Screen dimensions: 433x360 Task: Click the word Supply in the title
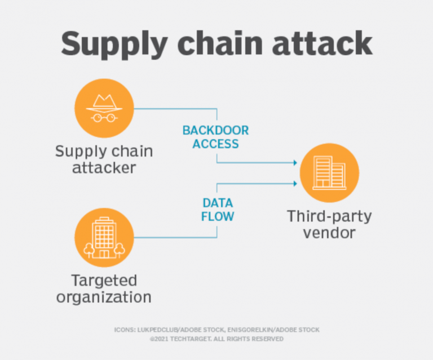114,45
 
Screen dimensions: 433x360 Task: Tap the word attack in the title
322,43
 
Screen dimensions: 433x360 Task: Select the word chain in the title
220,43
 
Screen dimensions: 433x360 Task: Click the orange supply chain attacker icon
104,108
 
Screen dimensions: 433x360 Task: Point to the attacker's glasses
104,118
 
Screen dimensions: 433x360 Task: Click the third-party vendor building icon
329,173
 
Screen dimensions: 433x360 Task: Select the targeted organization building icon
104,238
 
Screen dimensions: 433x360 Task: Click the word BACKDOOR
216,131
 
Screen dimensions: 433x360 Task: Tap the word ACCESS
216,144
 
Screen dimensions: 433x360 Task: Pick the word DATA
218,203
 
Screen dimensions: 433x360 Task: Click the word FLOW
218,216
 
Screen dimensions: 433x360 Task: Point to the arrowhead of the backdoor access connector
295,163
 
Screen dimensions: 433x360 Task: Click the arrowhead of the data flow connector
295,184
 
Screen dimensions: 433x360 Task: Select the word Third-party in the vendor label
329,217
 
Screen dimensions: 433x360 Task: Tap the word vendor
329,233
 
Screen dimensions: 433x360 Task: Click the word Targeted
104,281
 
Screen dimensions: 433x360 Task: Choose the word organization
104,297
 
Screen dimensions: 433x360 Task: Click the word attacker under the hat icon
104,168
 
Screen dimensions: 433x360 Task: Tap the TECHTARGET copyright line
216,339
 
